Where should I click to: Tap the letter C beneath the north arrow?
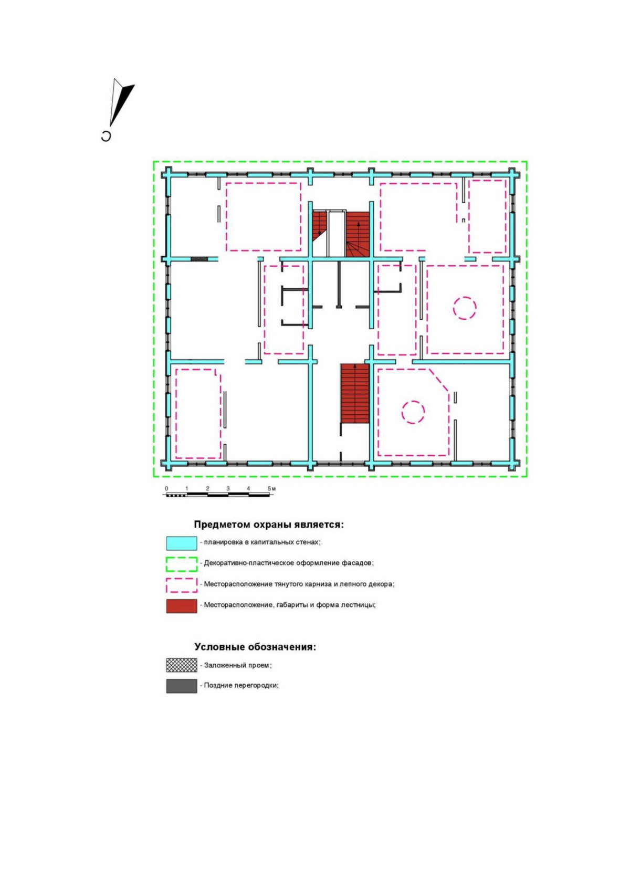106,136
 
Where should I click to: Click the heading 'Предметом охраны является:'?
269,525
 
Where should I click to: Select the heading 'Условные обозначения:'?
255,647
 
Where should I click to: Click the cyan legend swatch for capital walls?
181,543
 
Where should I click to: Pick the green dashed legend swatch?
181,564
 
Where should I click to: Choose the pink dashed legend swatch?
181,585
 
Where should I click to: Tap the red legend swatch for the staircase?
181,606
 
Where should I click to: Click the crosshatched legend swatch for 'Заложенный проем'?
181,665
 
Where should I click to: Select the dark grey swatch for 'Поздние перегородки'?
181,686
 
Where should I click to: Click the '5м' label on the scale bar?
271,488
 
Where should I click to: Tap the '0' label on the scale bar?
166,488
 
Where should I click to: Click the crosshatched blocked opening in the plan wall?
199,259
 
